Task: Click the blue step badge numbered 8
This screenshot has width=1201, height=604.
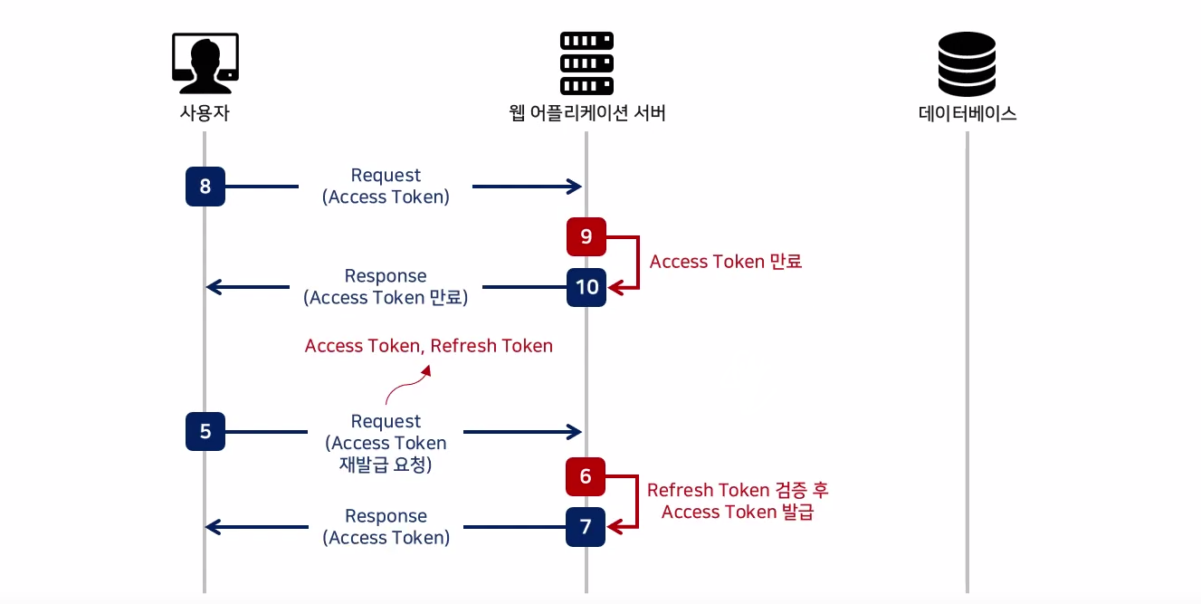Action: pos(205,187)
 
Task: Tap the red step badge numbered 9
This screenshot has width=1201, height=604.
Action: pos(586,236)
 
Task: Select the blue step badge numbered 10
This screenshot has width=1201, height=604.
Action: pos(586,287)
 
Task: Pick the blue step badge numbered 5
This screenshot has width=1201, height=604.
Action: pos(205,431)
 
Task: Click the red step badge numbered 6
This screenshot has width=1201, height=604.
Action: pos(586,476)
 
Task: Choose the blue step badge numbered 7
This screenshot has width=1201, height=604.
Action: pos(586,527)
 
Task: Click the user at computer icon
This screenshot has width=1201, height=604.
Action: pos(205,63)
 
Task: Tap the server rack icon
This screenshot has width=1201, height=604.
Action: pos(586,63)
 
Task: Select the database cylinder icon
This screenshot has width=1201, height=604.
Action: pos(967,63)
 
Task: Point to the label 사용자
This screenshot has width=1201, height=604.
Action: pos(205,112)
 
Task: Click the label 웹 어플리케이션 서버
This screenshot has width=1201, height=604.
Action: pos(587,112)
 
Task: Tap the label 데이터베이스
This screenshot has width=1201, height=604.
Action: pos(967,113)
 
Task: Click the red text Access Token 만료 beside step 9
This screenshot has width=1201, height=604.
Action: pos(726,261)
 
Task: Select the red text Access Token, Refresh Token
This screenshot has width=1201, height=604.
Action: pos(428,346)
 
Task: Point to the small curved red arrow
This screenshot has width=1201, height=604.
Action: pos(407,384)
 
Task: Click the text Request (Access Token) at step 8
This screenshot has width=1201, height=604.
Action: pos(386,187)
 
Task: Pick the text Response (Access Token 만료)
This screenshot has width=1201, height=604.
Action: pos(386,286)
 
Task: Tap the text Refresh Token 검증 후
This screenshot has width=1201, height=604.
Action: pos(738,490)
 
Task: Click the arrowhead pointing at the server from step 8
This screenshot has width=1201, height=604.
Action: pos(576,187)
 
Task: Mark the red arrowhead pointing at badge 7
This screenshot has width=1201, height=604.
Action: pos(615,527)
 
